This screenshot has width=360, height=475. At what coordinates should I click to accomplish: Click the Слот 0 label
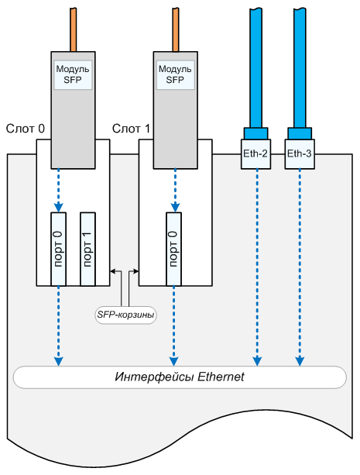point(26,129)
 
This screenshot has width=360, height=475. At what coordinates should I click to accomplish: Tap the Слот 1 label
point(131,129)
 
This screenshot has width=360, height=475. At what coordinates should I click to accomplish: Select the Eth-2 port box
point(255,154)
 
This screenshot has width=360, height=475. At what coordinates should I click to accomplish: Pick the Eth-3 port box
point(300,154)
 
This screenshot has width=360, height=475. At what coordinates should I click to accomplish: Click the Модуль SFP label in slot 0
point(73,74)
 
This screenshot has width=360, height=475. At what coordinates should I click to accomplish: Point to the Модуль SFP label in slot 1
point(175,74)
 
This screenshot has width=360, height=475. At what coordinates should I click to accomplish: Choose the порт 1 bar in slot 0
point(87,249)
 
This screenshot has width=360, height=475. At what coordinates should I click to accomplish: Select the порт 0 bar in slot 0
point(58,249)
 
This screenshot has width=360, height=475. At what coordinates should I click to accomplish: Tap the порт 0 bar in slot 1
point(173,249)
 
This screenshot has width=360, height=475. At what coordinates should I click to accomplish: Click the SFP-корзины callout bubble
point(125,315)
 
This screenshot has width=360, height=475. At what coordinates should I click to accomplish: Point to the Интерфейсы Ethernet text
point(180,377)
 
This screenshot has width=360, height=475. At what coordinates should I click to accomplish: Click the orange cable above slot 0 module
point(73,29)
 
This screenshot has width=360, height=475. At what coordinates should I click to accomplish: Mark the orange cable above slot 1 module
point(175,29)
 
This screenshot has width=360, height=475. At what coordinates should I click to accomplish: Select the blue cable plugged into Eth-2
point(255,68)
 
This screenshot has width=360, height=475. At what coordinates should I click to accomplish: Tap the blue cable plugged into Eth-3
point(300,68)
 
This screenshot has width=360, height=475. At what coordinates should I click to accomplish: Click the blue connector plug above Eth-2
point(255,133)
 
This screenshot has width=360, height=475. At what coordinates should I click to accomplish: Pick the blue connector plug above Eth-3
point(300,133)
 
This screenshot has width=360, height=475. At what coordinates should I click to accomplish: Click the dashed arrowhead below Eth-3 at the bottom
point(300,361)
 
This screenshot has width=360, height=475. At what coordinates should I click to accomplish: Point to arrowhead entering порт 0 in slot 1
point(175,208)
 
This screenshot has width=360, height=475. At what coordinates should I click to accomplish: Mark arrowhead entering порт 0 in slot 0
point(58,208)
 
